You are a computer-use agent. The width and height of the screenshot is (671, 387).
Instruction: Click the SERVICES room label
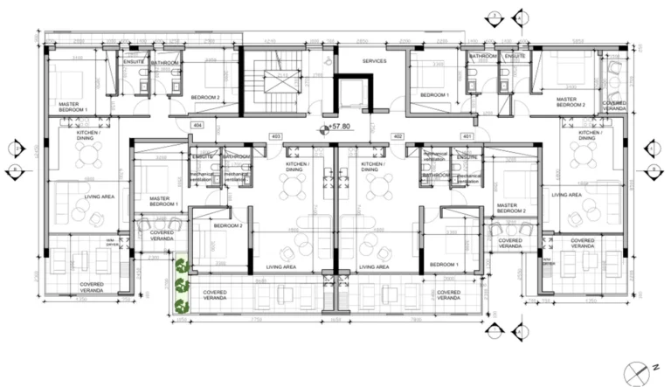(374, 60)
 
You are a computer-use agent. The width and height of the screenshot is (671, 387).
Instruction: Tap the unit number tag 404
(197, 127)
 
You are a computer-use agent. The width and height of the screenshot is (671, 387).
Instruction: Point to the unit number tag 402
(398, 135)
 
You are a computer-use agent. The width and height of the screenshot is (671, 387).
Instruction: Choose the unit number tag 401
(467, 135)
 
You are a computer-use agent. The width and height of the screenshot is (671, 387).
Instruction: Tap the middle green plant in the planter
(182, 284)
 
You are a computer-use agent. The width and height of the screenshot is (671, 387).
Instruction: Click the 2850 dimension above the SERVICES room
(362, 40)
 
